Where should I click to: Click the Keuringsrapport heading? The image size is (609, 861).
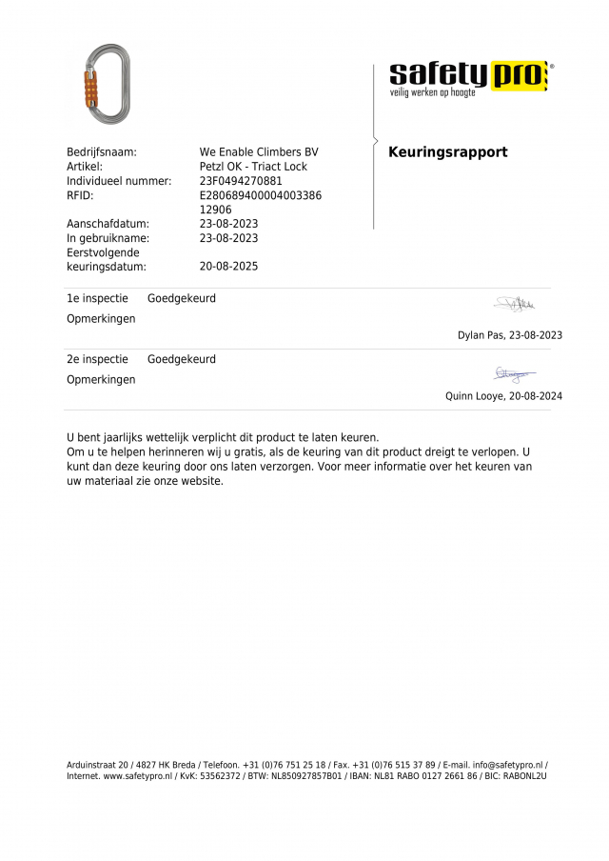pos(447,152)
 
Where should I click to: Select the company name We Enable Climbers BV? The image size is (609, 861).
pos(259,152)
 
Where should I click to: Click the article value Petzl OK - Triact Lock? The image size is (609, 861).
pos(253,167)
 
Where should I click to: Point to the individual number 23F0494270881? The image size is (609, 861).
pos(241,181)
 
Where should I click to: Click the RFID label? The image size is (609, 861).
pos(80,195)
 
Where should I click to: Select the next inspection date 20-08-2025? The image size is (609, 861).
pos(228,267)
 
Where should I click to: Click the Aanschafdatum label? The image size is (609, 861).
pos(108,224)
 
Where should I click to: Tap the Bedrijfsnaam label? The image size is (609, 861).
pos(102,152)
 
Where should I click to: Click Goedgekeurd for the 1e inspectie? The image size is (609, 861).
pos(182,298)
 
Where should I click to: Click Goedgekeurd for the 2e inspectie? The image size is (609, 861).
pos(182,359)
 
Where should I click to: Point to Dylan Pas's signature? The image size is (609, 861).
pos(515,304)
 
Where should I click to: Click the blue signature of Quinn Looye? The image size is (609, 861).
pos(514,374)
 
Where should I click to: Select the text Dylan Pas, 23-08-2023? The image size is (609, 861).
pos(509,335)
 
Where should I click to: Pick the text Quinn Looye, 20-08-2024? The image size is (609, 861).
pos(503,396)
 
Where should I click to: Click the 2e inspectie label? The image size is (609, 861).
pos(97,359)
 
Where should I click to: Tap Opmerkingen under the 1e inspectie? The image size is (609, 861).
pos(101,318)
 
